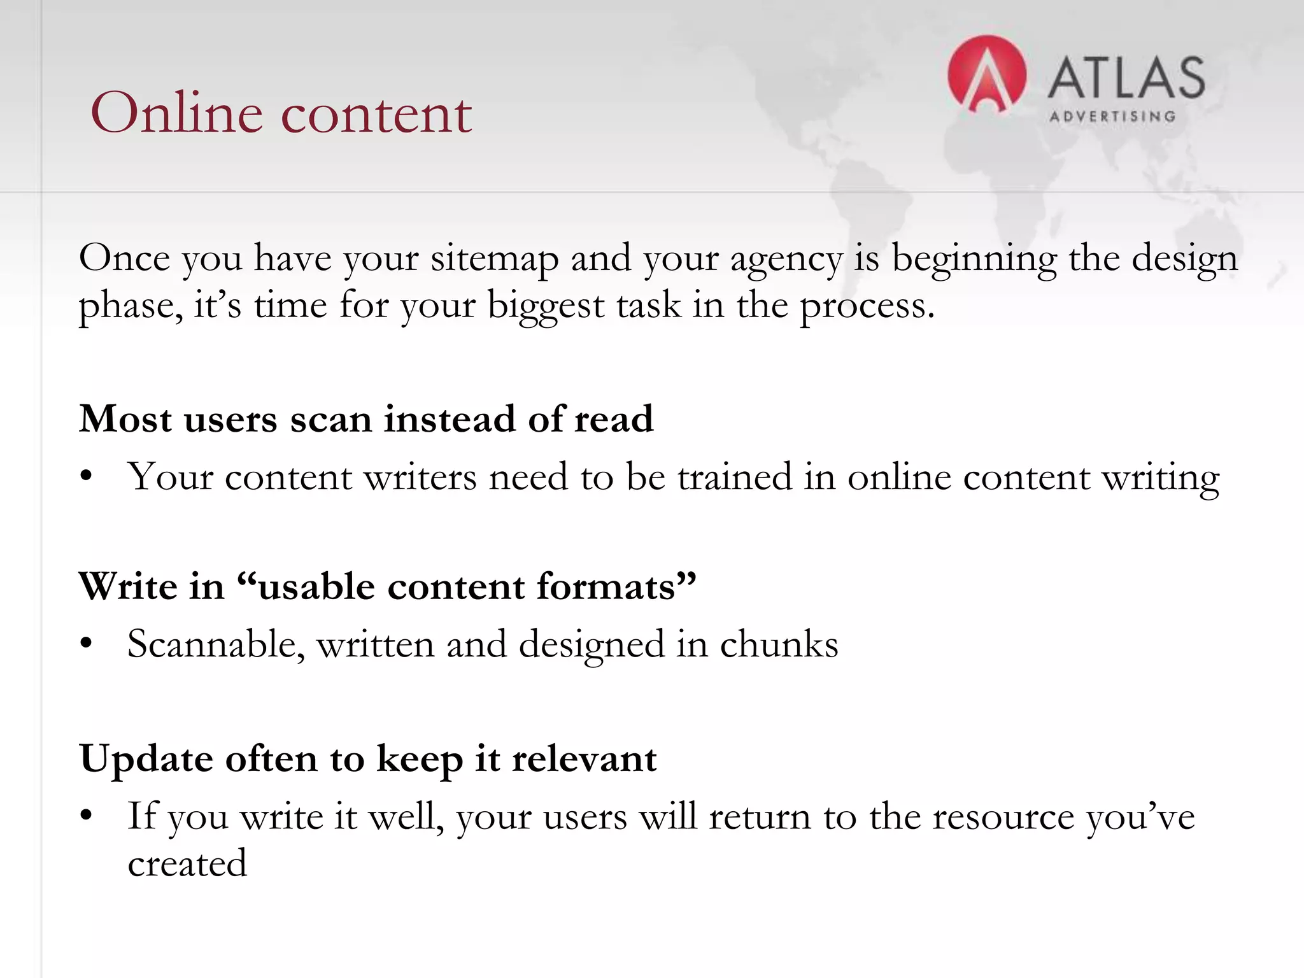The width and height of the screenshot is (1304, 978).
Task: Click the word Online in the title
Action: (x=176, y=113)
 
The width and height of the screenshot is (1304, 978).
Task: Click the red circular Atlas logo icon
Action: (x=986, y=74)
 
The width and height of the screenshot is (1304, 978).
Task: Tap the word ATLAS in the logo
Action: (x=1126, y=78)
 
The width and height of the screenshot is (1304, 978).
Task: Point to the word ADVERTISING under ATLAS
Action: (x=1112, y=117)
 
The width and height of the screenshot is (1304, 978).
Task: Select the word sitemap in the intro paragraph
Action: (x=494, y=259)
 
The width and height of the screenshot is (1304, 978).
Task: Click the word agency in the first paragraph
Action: (x=786, y=259)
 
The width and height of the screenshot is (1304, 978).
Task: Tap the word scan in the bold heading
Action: (x=330, y=420)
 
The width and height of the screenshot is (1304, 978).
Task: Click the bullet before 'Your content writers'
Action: (x=87, y=477)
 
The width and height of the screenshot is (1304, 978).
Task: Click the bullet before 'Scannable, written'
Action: (x=87, y=644)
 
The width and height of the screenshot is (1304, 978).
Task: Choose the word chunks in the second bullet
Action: (x=779, y=644)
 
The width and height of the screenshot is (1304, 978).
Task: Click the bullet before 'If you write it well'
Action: (x=87, y=817)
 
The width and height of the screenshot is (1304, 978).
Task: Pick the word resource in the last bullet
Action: (x=1003, y=817)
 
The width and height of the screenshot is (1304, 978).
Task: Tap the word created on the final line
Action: (x=187, y=864)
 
